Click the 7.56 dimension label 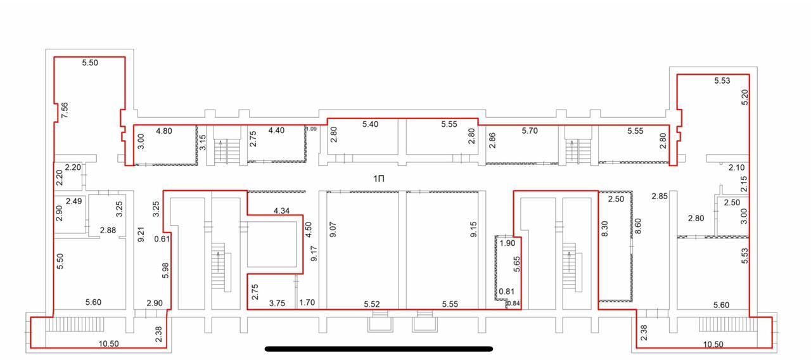(x=65, y=110)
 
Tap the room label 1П (x=379, y=179)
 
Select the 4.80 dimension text (x=164, y=131)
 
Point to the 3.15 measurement (x=203, y=143)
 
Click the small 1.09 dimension (x=311, y=129)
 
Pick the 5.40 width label (x=370, y=124)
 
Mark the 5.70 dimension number (x=530, y=131)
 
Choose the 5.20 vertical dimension (x=744, y=97)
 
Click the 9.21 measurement (x=141, y=235)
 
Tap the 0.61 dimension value (x=162, y=239)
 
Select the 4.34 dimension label (x=282, y=211)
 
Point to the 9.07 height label (x=333, y=229)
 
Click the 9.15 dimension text (x=473, y=229)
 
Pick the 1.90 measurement (x=508, y=243)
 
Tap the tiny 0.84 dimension (x=513, y=304)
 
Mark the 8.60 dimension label (x=638, y=226)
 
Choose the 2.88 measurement (x=108, y=230)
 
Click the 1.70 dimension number (x=307, y=302)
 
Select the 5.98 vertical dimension (x=165, y=270)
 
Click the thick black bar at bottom (x=379, y=349)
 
